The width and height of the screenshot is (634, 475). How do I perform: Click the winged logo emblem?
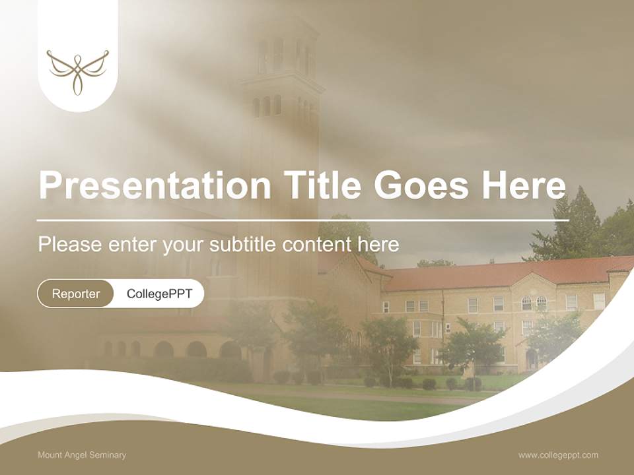click(77, 71)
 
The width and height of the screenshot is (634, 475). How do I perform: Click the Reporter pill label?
click(76, 294)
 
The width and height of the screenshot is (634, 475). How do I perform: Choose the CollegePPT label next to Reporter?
click(159, 294)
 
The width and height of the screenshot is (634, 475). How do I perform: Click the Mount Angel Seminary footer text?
click(82, 455)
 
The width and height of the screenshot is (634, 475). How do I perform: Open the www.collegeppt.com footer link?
click(558, 455)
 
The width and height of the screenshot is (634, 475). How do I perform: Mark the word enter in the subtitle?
click(125, 245)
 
